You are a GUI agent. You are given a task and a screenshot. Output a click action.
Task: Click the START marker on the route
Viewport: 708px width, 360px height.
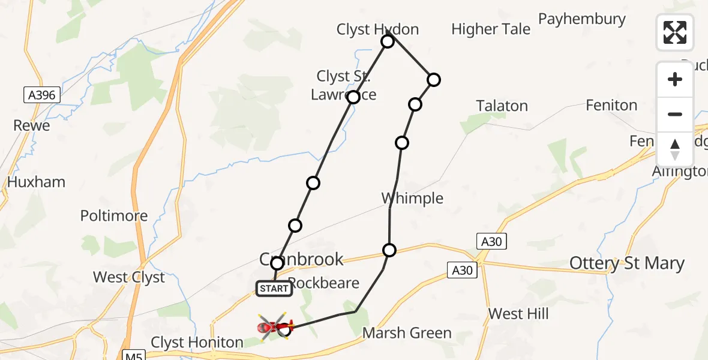[274, 289]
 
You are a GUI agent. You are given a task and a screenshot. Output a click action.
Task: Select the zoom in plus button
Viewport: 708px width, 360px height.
[675, 79]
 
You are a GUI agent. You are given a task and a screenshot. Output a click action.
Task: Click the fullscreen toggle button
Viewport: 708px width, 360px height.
[675, 32]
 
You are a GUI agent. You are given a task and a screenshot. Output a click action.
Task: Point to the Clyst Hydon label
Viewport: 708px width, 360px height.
[377, 29]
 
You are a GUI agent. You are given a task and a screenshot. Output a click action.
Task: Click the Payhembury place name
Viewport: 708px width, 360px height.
[581, 19]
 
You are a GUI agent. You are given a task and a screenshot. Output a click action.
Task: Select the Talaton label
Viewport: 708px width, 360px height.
[502, 106]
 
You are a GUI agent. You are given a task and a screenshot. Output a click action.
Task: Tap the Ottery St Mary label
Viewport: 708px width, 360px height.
[626, 263]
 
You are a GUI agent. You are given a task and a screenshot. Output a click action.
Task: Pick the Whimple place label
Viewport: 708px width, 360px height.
[412, 198]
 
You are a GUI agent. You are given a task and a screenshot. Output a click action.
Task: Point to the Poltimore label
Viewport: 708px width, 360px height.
[114, 215]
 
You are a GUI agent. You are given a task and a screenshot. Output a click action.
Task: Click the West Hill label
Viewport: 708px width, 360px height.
[518, 314]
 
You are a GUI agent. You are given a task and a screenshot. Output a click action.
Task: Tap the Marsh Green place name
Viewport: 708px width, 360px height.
[407, 333]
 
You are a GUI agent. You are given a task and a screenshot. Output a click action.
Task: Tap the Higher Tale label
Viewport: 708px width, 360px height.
[491, 29]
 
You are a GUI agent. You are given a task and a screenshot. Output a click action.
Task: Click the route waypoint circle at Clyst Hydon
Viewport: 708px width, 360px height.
[388, 41]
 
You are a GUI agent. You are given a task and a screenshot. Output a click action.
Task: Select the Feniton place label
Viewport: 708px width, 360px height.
[611, 106]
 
